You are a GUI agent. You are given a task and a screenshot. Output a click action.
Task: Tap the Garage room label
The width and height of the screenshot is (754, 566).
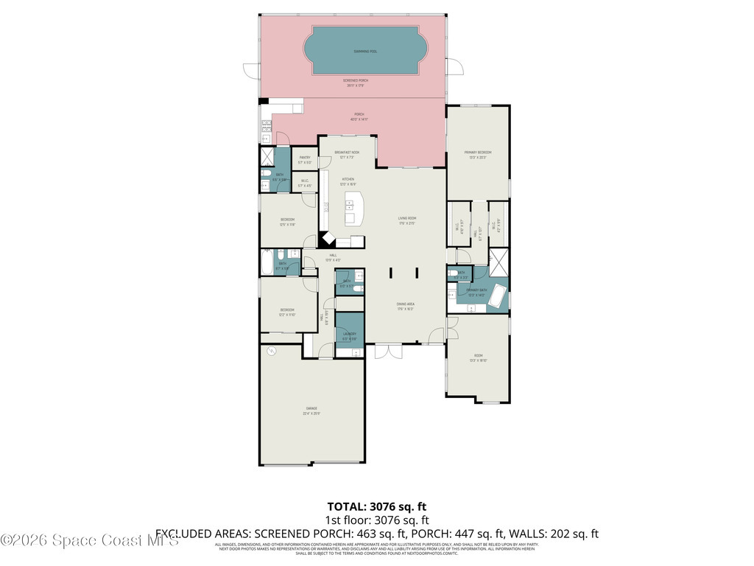click(x=312, y=410)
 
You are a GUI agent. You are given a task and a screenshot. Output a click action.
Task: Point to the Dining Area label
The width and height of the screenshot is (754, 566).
click(x=405, y=307)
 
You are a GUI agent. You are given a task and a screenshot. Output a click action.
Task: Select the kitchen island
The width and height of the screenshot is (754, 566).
click(x=352, y=208)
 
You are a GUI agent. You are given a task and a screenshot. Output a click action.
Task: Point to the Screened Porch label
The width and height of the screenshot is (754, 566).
click(x=356, y=82)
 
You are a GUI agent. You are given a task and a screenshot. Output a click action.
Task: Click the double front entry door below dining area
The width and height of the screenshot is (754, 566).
click(x=388, y=352)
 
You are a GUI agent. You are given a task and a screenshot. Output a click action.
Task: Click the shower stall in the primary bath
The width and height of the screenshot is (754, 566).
click(x=498, y=260)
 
